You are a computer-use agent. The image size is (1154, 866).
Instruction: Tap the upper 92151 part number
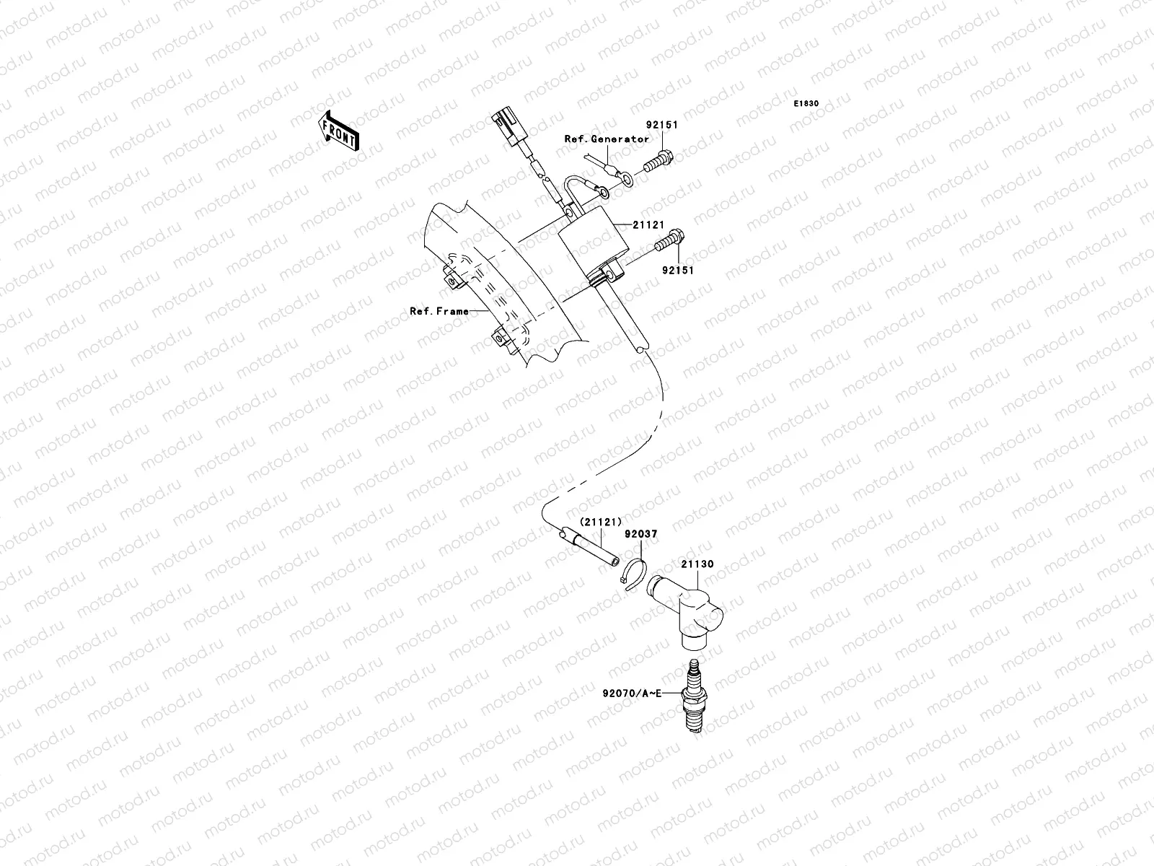(x=663, y=125)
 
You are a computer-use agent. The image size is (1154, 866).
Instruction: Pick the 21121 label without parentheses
(x=648, y=224)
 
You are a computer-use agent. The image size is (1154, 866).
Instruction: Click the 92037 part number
(x=641, y=534)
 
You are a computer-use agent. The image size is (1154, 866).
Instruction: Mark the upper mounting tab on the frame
(x=450, y=279)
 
